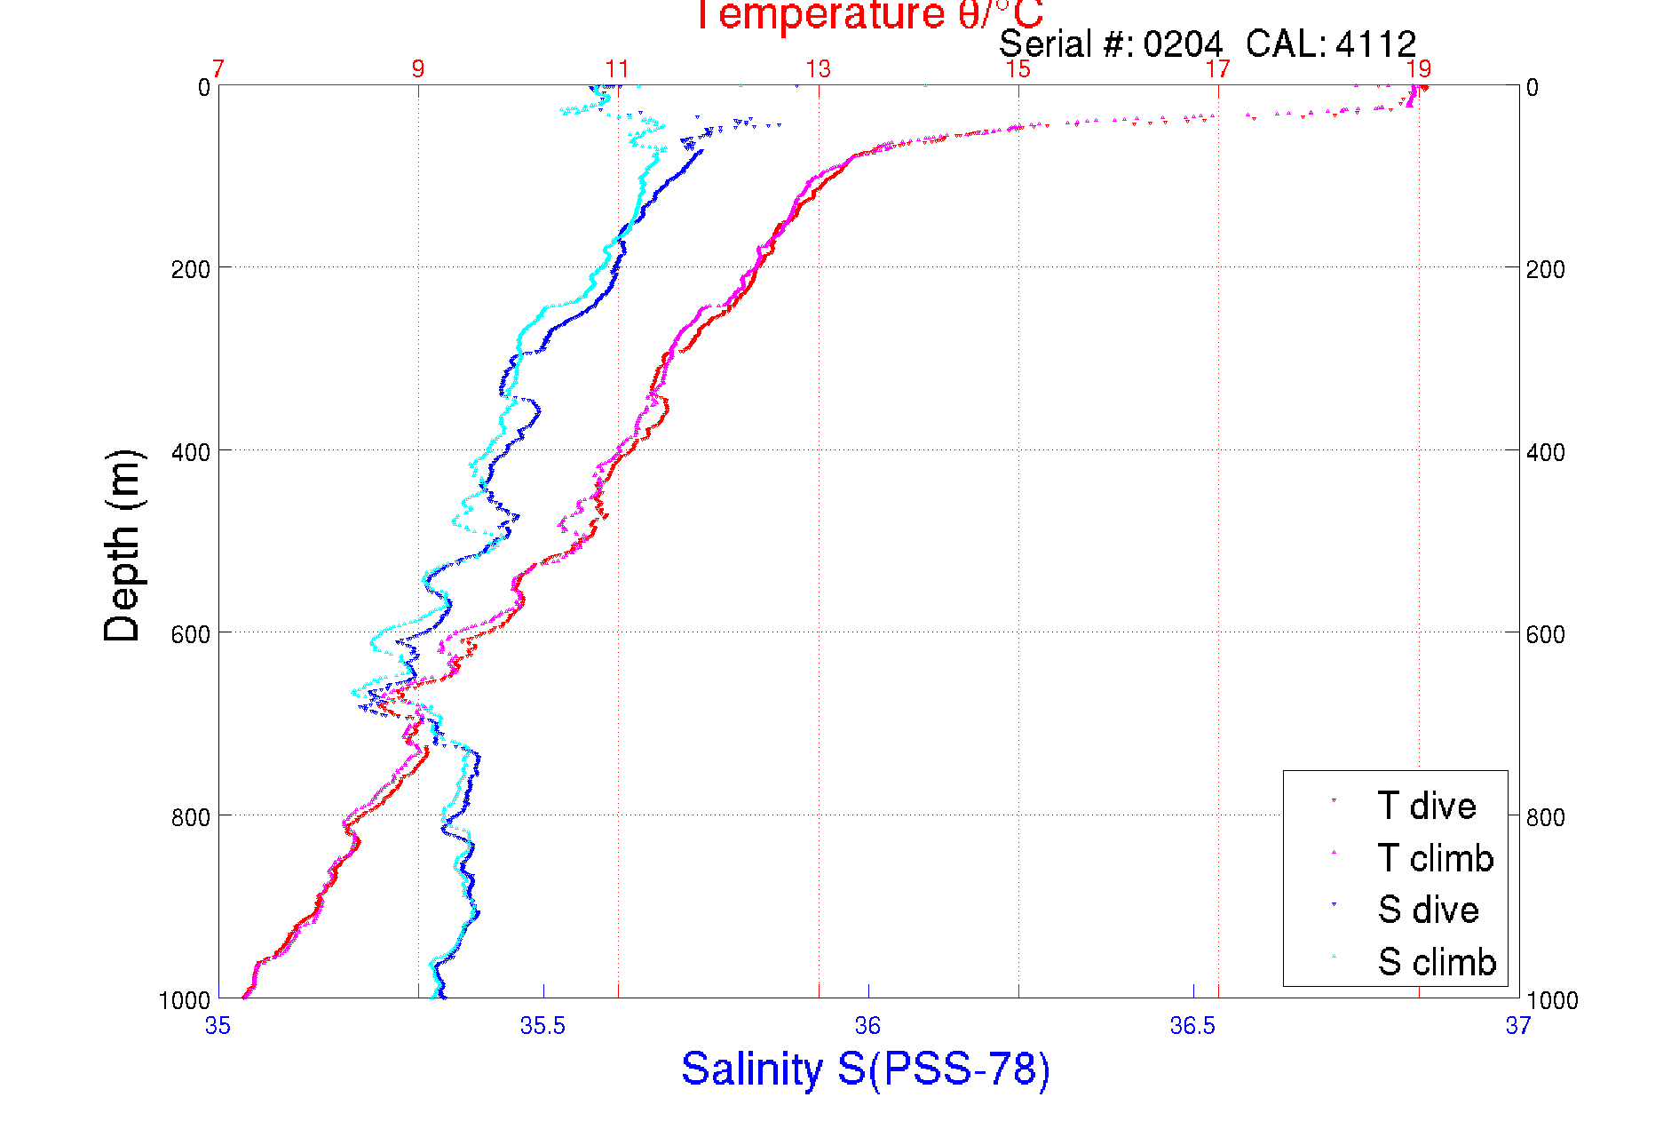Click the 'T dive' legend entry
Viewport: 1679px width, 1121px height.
(x=1426, y=806)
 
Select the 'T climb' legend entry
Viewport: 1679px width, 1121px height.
(x=1435, y=858)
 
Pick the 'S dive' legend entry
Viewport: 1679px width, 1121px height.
(x=1428, y=910)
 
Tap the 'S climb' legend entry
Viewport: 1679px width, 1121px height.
(x=1437, y=961)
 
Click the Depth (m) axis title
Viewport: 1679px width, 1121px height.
(x=123, y=545)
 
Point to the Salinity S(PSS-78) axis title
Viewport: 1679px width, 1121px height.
(x=866, y=1068)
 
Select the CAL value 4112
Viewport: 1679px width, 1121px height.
(x=1375, y=44)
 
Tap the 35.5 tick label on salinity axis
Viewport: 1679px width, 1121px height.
(x=543, y=1026)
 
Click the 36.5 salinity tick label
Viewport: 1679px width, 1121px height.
(x=1192, y=1026)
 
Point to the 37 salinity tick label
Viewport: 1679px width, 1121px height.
(x=1517, y=1026)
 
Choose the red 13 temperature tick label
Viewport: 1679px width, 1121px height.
(x=818, y=69)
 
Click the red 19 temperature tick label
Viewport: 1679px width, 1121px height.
(x=1418, y=69)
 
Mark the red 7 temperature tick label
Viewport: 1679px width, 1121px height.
(x=218, y=69)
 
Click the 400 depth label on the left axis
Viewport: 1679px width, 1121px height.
(x=190, y=452)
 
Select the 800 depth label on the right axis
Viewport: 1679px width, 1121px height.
(x=1546, y=816)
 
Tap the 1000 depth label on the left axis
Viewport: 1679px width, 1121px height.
(x=185, y=1000)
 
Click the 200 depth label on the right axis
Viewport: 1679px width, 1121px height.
(x=1546, y=269)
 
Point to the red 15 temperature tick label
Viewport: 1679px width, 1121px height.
(x=1018, y=69)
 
